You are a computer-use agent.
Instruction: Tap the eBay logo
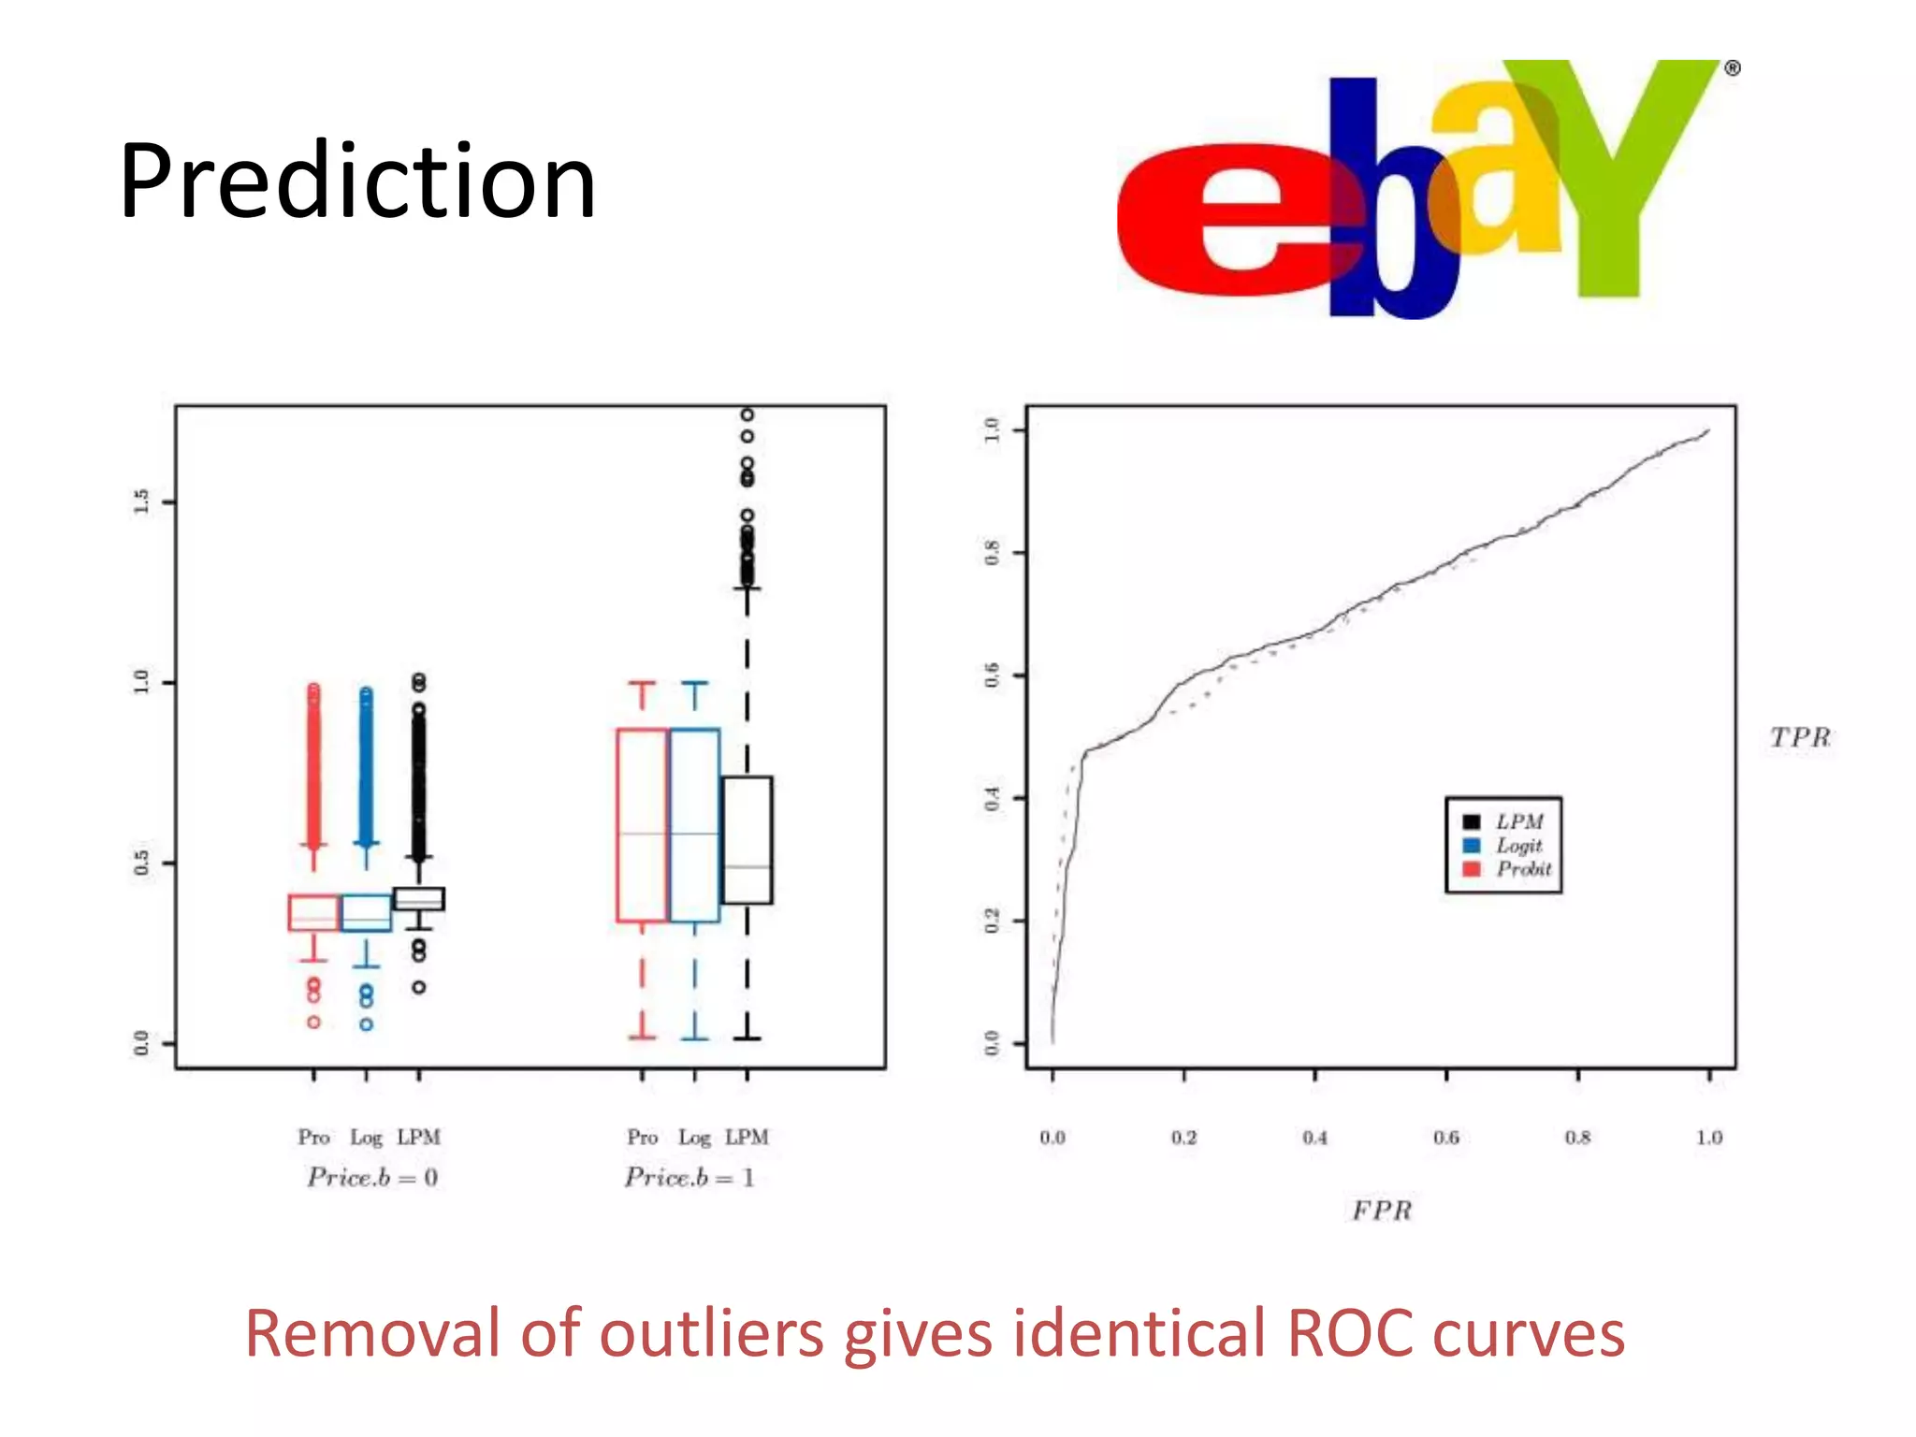(x=1422, y=187)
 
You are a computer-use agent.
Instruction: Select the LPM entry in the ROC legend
(x=1518, y=821)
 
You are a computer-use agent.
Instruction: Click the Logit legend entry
(x=1518, y=846)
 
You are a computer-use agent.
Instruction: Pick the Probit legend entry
(x=1523, y=869)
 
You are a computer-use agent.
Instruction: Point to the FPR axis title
(x=1382, y=1211)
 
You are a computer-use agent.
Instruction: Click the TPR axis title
(x=1799, y=737)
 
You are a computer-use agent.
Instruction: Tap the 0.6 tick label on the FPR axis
(x=1446, y=1138)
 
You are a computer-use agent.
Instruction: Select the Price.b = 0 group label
(x=372, y=1177)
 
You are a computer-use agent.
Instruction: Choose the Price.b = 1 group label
(x=689, y=1177)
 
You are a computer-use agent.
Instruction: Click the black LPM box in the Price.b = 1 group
(x=747, y=839)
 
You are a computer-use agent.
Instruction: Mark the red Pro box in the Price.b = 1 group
(x=642, y=824)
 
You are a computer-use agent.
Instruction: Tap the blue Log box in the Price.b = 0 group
(x=366, y=912)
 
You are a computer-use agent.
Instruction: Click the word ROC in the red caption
(x=1350, y=1333)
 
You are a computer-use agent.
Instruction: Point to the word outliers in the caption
(x=711, y=1333)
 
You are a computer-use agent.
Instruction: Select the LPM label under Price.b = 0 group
(x=418, y=1137)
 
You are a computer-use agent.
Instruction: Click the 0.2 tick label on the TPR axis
(x=993, y=921)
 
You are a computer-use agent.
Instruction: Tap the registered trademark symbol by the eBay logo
(x=1732, y=68)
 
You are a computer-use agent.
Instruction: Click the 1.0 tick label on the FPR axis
(x=1709, y=1138)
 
